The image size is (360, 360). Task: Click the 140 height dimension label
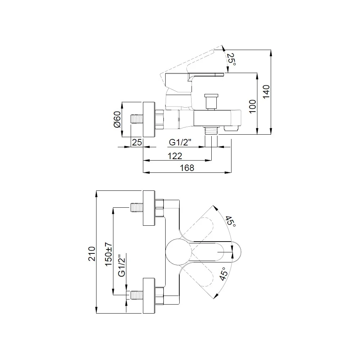click(x=266, y=92)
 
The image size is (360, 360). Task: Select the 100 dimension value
click(x=253, y=107)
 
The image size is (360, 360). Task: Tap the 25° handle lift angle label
click(x=231, y=59)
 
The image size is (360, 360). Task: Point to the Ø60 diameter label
click(x=117, y=120)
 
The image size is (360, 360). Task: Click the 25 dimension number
click(x=137, y=142)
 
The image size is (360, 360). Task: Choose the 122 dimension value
click(x=175, y=156)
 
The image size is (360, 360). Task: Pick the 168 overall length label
click(x=187, y=168)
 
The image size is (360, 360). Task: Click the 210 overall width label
click(x=92, y=254)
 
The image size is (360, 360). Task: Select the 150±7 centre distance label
click(x=109, y=254)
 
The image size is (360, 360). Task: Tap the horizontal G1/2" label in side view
click(x=180, y=143)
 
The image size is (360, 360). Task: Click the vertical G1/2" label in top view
click(x=122, y=265)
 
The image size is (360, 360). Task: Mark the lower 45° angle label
click(x=224, y=274)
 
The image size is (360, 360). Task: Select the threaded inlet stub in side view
click(x=137, y=120)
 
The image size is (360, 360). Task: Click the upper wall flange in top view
click(x=149, y=208)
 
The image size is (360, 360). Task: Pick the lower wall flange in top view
click(x=149, y=296)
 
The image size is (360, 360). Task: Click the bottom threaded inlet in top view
click(x=137, y=295)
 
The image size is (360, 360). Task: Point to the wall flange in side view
click(x=149, y=120)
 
